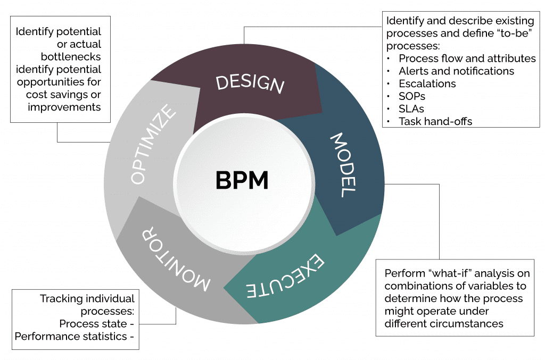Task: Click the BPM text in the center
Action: coord(242,180)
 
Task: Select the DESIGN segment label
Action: coord(250,84)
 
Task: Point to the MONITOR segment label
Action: coord(176,258)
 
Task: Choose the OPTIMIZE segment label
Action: coord(153,145)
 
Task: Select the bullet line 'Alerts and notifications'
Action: coord(456,71)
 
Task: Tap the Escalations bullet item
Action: coord(427,83)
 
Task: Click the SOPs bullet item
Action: coord(412,96)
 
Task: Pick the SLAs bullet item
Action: coord(411,109)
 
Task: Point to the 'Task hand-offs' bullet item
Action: coord(435,121)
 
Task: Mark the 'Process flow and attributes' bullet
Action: coord(467,58)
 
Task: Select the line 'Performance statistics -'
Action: coord(75,336)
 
